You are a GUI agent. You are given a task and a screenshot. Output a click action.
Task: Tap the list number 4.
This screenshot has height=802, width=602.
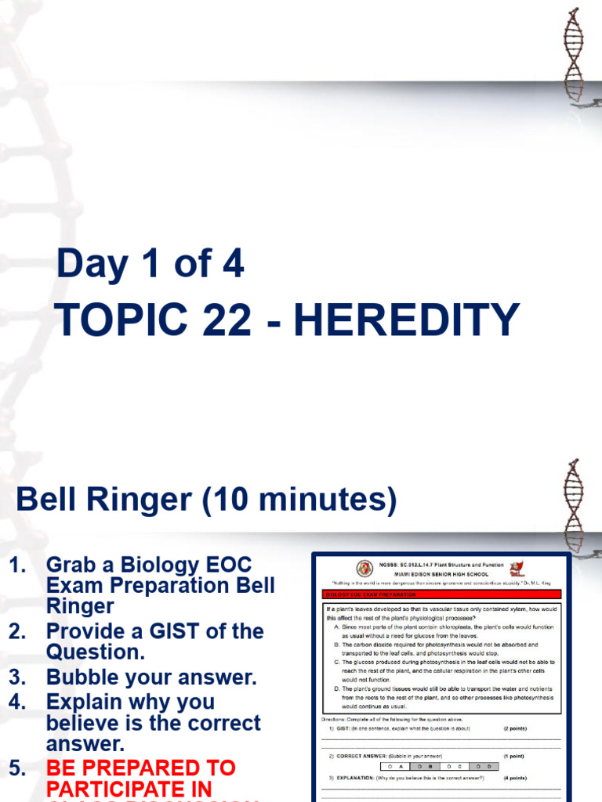point(16,701)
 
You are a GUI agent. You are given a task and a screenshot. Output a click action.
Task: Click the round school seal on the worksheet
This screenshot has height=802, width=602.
point(364,569)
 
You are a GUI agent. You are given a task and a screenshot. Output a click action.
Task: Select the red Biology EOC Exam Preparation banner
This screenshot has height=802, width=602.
point(441,594)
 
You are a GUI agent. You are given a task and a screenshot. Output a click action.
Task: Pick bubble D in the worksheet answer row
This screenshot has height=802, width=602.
point(481,766)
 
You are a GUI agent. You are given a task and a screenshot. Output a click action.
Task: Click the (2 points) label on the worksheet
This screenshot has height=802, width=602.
point(515,728)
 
